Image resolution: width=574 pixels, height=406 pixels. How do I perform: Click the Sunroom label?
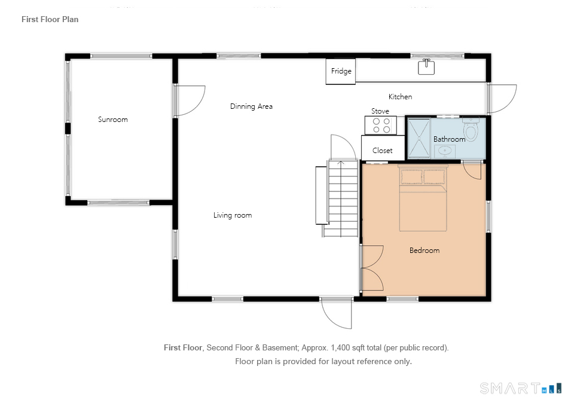(113, 120)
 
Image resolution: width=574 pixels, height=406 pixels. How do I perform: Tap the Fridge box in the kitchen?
(340, 71)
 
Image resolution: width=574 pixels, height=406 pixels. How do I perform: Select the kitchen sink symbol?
(426, 67)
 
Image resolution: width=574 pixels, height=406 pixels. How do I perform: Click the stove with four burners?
(381, 125)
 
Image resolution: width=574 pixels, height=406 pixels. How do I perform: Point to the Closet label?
(382, 151)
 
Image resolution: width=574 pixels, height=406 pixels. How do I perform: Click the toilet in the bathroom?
(471, 129)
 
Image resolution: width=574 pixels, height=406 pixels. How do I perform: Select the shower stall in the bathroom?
(419, 138)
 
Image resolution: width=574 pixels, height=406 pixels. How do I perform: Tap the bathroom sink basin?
(445, 151)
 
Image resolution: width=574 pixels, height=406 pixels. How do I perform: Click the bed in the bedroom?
(423, 198)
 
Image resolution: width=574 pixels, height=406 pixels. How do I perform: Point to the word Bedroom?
(425, 251)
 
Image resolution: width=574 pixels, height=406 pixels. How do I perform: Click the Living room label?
(233, 215)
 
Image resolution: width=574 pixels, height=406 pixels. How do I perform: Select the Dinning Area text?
(251, 106)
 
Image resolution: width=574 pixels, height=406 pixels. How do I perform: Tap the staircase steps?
(343, 198)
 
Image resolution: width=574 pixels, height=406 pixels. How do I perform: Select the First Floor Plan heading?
(50, 19)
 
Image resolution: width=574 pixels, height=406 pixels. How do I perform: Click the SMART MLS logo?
(520, 388)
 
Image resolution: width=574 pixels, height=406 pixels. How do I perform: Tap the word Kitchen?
(400, 97)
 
